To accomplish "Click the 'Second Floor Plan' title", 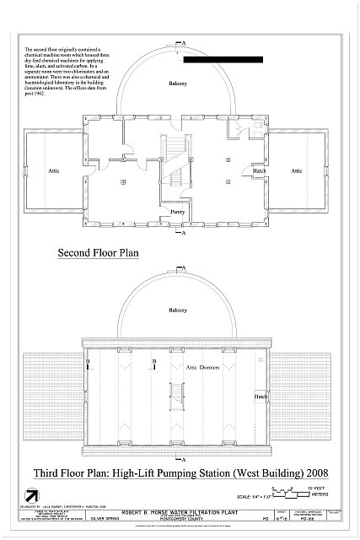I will click(98, 252).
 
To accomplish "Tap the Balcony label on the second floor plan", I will click(176, 84).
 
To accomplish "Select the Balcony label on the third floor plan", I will click(176, 310).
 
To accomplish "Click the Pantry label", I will click(177, 212).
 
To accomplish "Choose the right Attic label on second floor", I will click(296, 170).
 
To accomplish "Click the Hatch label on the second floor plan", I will click(261, 170).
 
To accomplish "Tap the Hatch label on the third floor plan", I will click(261, 396).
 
